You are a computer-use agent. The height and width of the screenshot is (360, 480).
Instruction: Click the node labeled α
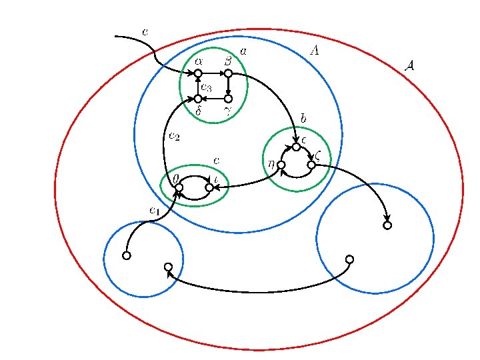pos(198,73)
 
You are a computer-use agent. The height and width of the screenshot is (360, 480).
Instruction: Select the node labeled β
pos(228,73)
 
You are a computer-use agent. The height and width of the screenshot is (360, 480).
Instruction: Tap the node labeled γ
pos(228,99)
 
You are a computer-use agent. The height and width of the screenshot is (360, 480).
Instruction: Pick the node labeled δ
pos(198,99)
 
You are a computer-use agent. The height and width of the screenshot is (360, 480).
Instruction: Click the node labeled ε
pos(296,147)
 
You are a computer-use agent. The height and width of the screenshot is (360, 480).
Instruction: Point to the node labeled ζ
pos(311,165)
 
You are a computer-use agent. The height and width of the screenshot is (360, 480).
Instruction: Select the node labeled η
pos(281,165)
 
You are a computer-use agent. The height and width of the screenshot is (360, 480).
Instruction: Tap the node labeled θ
pos(179,187)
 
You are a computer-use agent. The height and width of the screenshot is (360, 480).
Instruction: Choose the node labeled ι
pos(209,187)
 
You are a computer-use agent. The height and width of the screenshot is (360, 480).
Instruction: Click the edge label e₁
pos(154,211)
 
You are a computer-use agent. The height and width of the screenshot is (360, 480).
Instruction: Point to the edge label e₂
pos(174,137)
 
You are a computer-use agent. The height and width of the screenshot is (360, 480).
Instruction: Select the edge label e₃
pos(206,87)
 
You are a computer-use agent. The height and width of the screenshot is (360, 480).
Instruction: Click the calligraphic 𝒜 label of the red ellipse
pos(411,65)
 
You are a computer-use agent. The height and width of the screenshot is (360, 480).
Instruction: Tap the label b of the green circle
pos(303,118)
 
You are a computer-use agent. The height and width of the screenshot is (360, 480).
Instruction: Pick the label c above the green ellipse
pos(216,161)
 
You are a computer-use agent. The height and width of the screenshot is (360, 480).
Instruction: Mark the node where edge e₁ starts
pos(127,255)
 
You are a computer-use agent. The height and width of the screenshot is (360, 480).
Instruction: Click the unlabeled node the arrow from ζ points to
pos(387,225)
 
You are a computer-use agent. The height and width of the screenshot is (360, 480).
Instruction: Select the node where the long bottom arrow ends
pos(168,267)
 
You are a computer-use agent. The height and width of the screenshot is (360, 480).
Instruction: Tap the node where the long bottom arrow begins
pos(349,259)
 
